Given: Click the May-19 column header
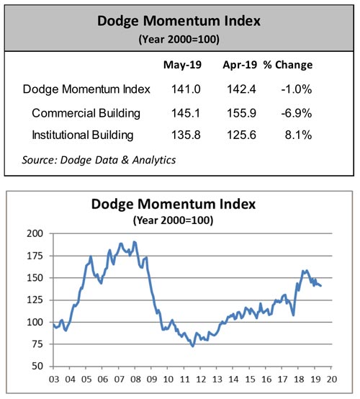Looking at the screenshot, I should [x=181, y=65].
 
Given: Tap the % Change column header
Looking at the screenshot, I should [x=287, y=65].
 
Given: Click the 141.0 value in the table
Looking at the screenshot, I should [x=181, y=89].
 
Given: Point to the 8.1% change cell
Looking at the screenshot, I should [x=298, y=134].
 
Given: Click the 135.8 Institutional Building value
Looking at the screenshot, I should [x=181, y=134].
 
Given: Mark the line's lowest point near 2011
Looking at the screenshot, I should [x=192, y=346].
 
